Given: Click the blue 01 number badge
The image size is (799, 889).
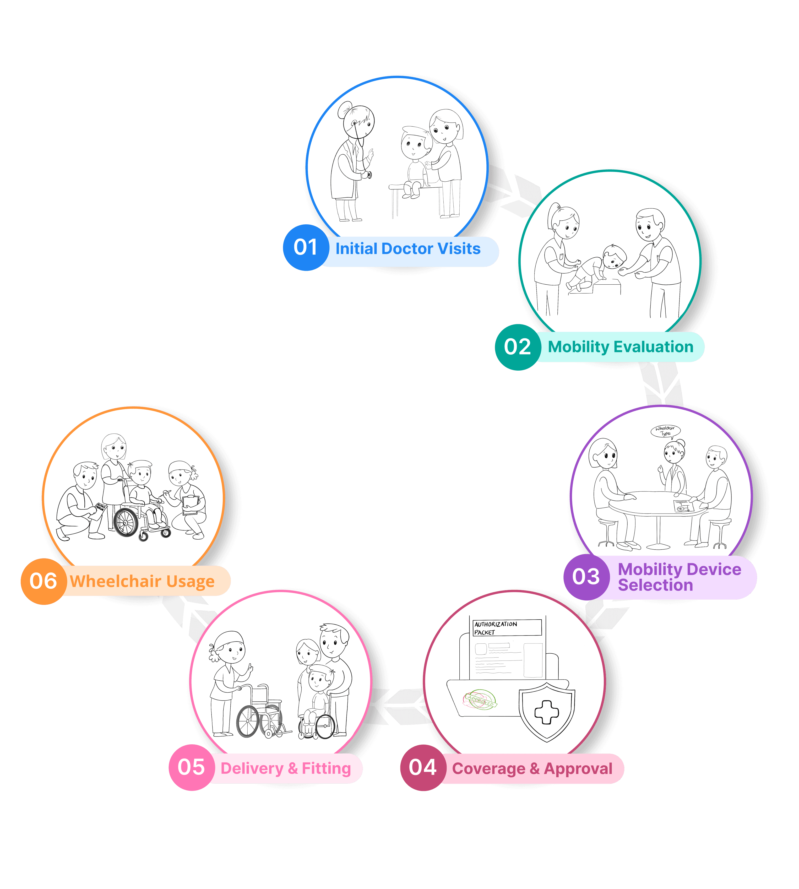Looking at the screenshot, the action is (x=306, y=247).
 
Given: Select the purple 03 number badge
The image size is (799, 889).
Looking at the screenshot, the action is (x=586, y=576).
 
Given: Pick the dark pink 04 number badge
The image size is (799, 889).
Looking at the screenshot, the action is (x=423, y=767).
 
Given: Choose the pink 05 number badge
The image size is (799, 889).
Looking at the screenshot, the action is (x=191, y=767).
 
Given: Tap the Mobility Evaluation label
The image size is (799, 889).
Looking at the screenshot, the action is (x=620, y=347).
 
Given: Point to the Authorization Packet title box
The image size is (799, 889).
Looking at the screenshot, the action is (x=507, y=628).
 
